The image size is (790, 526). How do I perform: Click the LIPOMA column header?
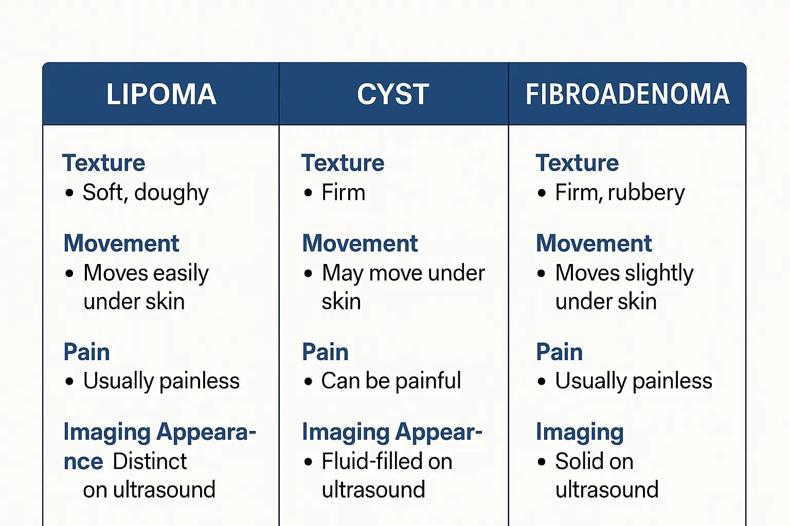(161, 95)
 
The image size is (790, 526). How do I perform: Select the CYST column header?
(393, 95)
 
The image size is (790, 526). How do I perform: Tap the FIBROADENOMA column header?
(627, 95)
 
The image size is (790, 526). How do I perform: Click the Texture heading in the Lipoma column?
(104, 163)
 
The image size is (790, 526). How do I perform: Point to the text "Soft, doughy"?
(146, 193)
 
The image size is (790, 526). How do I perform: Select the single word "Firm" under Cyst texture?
(344, 193)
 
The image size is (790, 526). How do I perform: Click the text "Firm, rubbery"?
(620, 193)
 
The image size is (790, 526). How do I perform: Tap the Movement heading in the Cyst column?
(360, 243)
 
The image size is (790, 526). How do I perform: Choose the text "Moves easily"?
(146, 273)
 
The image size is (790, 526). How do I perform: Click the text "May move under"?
(403, 273)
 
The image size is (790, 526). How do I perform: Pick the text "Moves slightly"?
(624, 273)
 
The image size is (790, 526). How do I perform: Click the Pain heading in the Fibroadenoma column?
(560, 352)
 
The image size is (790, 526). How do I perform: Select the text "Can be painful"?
(391, 381)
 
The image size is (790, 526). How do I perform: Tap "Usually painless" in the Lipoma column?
(161, 381)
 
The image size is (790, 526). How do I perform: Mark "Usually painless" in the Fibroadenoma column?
(634, 381)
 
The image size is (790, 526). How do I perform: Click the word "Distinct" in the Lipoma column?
(150, 461)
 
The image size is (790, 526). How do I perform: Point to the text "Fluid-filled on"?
(387, 461)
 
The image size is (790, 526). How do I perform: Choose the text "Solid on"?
(594, 461)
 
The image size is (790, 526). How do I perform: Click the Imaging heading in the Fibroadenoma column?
(580, 433)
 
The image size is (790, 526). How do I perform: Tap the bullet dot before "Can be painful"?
(308, 382)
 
